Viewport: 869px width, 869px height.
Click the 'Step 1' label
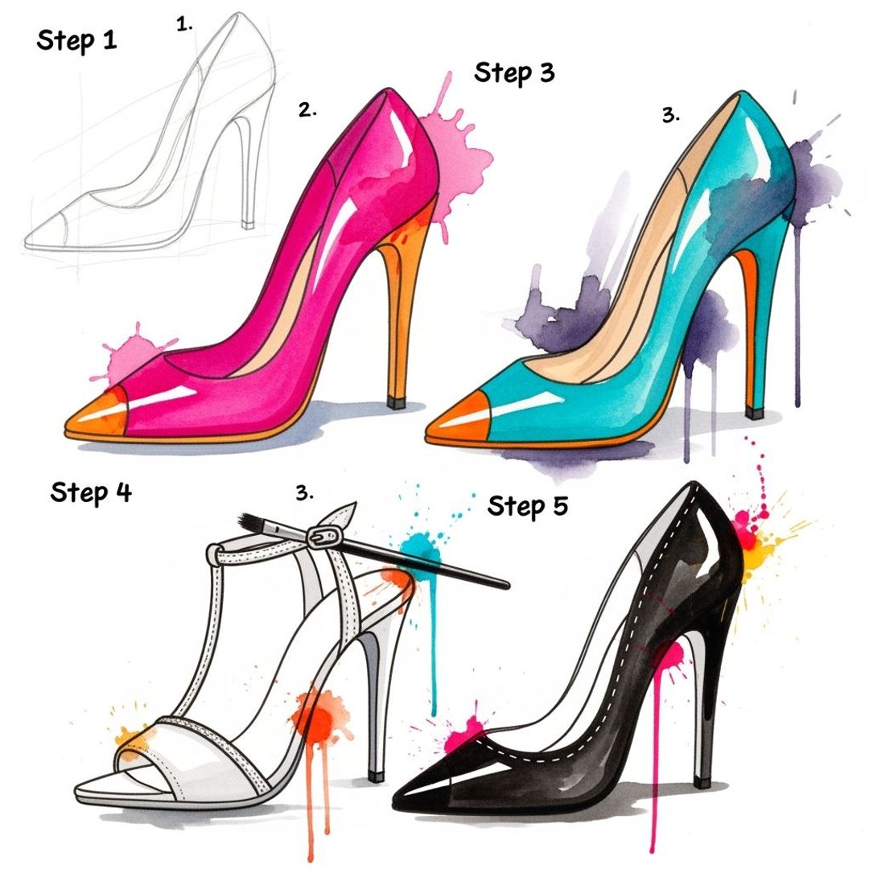coord(76,40)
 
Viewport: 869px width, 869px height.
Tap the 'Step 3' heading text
coord(514,73)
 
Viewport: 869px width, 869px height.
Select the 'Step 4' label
coord(90,492)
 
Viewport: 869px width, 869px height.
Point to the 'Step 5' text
coord(527,506)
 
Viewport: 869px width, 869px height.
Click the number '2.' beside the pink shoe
coord(307,111)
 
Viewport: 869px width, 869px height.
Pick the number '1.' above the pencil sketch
coord(185,25)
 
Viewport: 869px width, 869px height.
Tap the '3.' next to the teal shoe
coord(671,115)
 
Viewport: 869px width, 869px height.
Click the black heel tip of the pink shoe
coord(395,401)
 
